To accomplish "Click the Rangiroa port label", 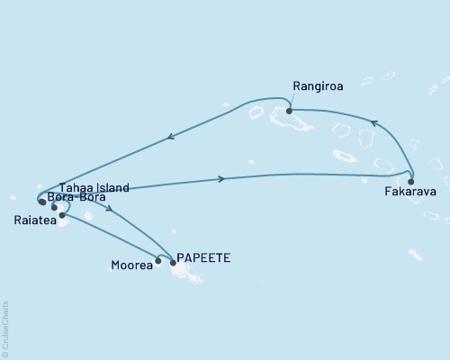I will pyautogui.click(x=316, y=86).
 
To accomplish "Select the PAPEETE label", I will pyautogui.click(x=204, y=257).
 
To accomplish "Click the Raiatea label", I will pyautogui.click(x=31, y=219).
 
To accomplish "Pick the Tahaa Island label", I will pyautogui.click(x=94, y=187).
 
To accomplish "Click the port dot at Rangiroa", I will pyautogui.click(x=289, y=112).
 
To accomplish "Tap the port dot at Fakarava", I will pyautogui.click(x=410, y=181).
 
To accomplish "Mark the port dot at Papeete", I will pyautogui.click(x=173, y=262).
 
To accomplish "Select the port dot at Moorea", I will pyautogui.click(x=158, y=261).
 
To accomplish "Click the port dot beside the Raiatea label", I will pyautogui.click(x=61, y=215).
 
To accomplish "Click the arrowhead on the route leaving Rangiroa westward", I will pyautogui.click(x=169, y=138).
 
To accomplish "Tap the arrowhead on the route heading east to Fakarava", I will pyautogui.click(x=221, y=179).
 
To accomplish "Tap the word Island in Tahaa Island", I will pyautogui.click(x=112, y=187).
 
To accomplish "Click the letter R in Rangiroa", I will pyautogui.click(x=296, y=86).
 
